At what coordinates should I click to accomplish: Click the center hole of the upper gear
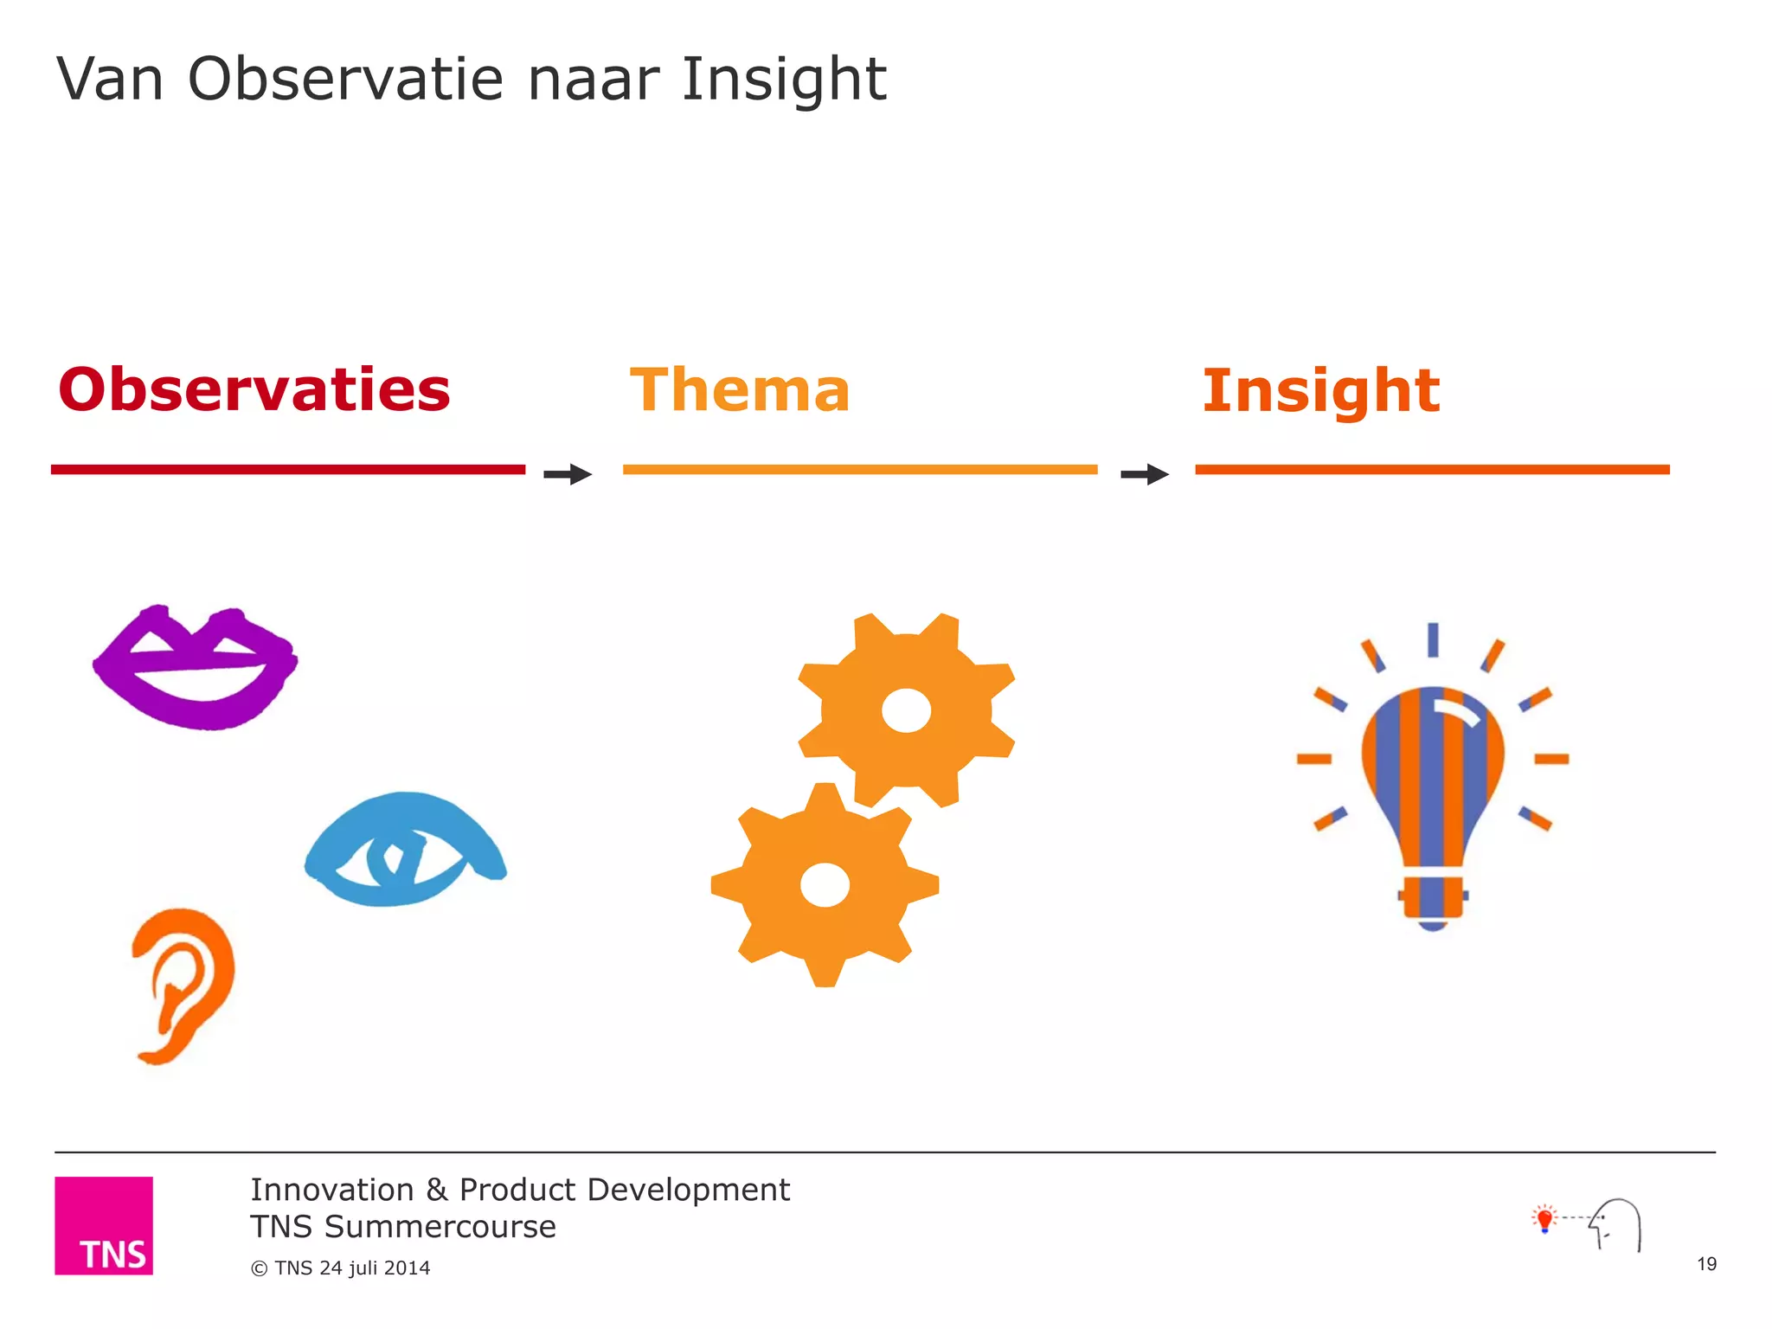tap(906, 711)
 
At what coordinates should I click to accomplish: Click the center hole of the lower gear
tap(825, 885)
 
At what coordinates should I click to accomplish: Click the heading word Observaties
tap(254, 389)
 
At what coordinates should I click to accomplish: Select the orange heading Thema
tap(740, 390)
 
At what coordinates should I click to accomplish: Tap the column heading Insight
tap(1321, 391)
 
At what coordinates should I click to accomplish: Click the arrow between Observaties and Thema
tap(568, 474)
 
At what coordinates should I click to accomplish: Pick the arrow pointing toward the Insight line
tap(1145, 474)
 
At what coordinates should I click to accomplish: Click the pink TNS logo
tap(104, 1225)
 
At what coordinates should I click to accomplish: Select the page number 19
tap(1706, 1264)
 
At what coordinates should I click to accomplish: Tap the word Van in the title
tap(110, 80)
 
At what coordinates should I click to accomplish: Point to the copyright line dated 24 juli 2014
tap(340, 1268)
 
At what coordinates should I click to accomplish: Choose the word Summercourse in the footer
tap(440, 1227)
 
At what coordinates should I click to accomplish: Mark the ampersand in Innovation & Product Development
tap(437, 1191)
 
